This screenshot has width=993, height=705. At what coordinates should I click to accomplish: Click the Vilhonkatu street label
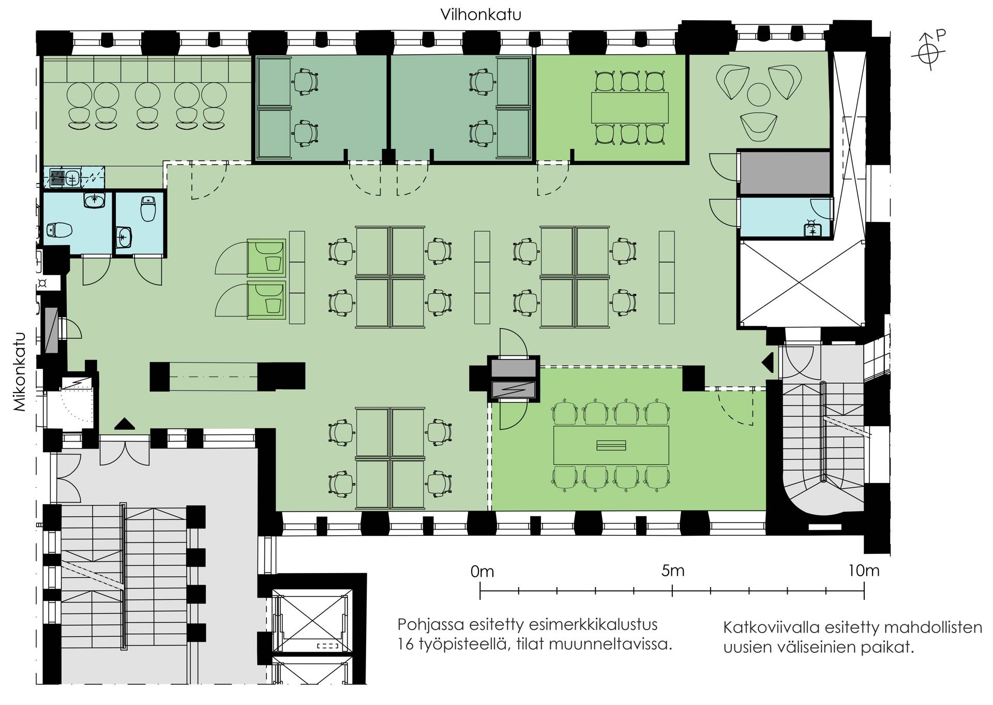click(480, 14)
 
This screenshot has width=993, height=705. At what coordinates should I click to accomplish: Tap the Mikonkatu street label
click(20, 371)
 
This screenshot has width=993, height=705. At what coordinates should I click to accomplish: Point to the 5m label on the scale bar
click(673, 571)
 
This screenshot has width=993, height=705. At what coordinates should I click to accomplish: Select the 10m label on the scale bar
click(863, 571)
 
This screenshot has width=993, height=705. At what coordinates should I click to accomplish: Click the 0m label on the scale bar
click(482, 572)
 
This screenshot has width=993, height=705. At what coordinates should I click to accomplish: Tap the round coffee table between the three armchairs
click(759, 94)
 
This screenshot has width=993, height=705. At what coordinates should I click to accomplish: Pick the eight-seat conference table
click(611, 445)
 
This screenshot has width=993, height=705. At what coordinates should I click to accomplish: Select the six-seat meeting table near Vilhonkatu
click(629, 108)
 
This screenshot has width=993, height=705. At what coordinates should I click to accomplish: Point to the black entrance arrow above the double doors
click(124, 424)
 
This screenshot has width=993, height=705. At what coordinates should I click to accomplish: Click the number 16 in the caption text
click(407, 644)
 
